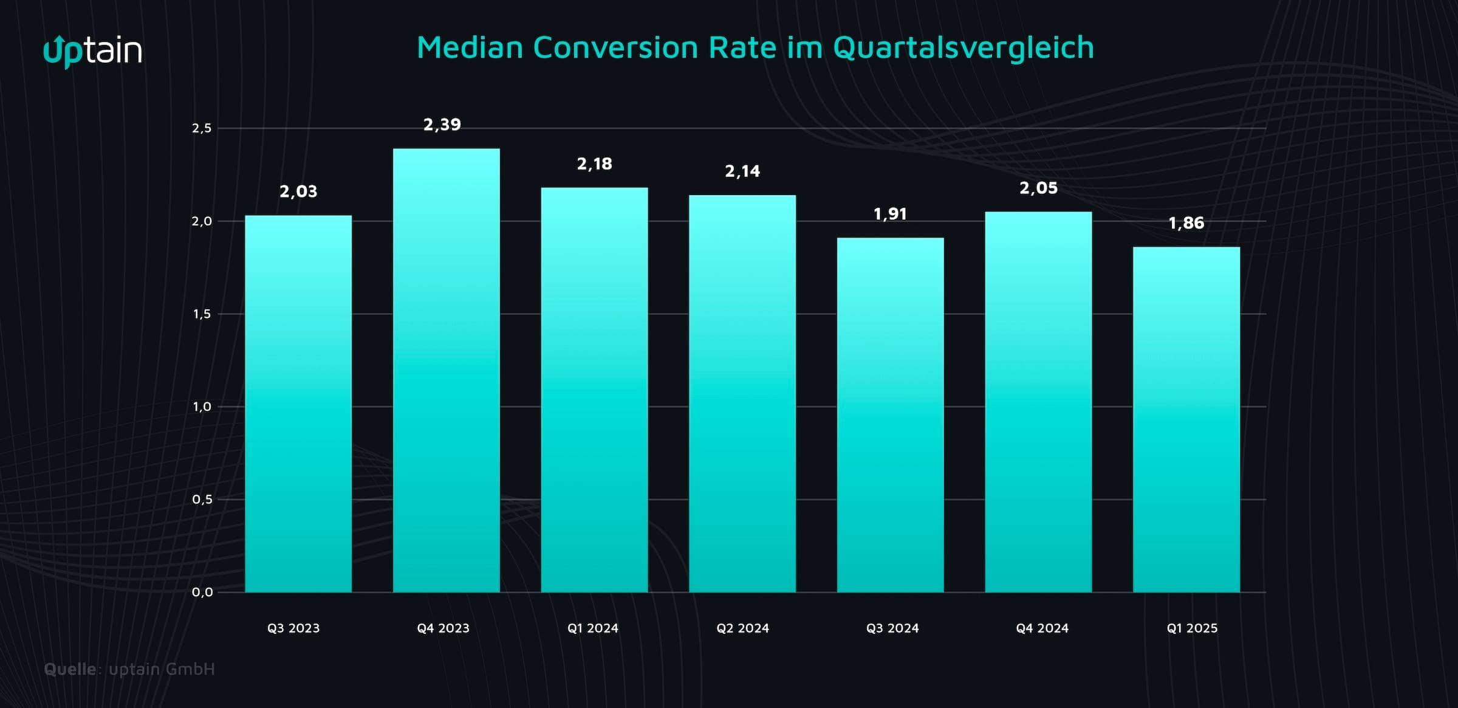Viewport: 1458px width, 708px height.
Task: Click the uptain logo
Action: pyautogui.click(x=92, y=51)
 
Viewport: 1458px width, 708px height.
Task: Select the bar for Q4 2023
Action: pyautogui.click(x=447, y=371)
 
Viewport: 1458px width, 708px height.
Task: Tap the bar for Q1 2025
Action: pyautogui.click(x=1186, y=419)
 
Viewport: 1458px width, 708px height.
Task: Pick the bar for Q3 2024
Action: pyautogui.click(x=890, y=414)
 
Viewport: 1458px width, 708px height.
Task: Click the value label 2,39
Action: pyautogui.click(x=442, y=125)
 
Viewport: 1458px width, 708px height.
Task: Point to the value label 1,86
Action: pyautogui.click(x=1186, y=223)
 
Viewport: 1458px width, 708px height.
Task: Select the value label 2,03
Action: pyautogui.click(x=298, y=191)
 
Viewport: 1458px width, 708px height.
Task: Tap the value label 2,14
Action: pyautogui.click(x=742, y=171)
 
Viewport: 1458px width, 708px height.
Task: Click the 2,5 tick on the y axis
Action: pyautogui.click(x=202, y=128)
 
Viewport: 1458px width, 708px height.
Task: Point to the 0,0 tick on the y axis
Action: pyautogui.click(x=202, y=592)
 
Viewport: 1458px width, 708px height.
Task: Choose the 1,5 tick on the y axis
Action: pyautogui.click(x=202, y=314)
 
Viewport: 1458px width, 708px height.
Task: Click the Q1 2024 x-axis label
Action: pyautogui.click(x=593, y=628)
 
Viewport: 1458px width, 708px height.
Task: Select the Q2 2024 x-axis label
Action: pyautogui.click(x=742, y=628)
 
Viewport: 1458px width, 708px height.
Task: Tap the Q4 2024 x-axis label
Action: pyautogui.click(x=1042, y=628)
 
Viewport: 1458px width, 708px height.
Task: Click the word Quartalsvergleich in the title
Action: pyautogui.click(x=963, y=47)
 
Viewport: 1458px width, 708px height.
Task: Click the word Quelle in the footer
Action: pyautogui.click(x=70, y=669)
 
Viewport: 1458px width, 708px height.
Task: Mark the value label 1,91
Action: pyautogui.click(x=890, y=214)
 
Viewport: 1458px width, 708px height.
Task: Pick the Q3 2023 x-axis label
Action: pyautogui.click(x=293, y=628)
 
